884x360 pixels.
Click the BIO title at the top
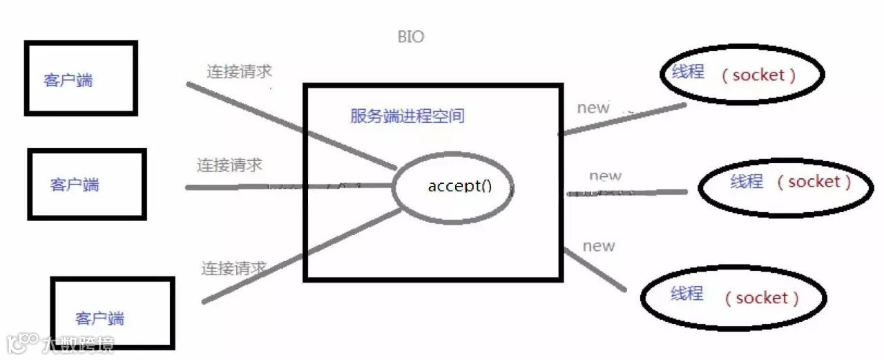click(x=411, y=37)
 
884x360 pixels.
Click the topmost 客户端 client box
click(x=81, y=77)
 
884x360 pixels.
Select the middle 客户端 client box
click(x=87, y=184)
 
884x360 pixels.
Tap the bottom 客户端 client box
click(x=113, y=313)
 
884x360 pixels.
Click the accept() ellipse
click(x=452, y=187)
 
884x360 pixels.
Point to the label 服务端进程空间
click(x=407, y=115)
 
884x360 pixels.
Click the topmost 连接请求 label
click(x=239, y=71)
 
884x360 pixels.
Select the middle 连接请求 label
click(x=229, y=165)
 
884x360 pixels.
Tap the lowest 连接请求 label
click(x=234, y=267)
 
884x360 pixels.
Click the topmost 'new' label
click(x=593, y=108)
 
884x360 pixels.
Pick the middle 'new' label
click(x=605, y=176)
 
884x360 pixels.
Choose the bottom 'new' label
click(x=599, y=246)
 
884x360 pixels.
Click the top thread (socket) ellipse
click(x=742, y=75)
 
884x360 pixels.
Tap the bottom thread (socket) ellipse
click(x=733, y=297)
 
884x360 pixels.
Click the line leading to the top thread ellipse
click(x=622, y=118)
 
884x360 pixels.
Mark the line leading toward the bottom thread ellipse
click(x=595, y=269)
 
